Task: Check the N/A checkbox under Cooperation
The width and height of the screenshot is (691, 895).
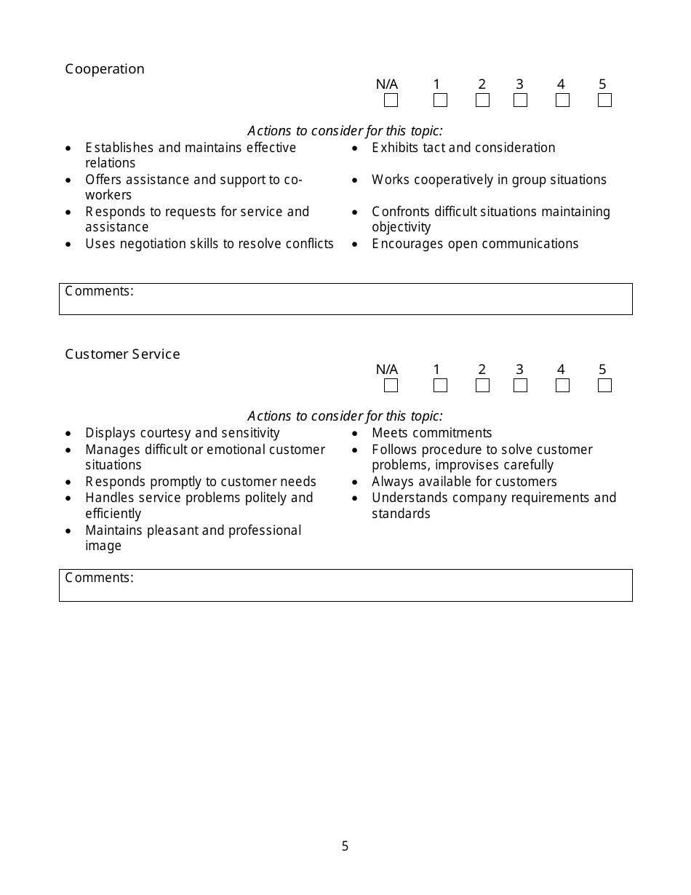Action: pyautogui.click(x=391, y=100)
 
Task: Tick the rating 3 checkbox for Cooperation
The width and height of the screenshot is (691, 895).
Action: pyautogui.click(x=520, y=100)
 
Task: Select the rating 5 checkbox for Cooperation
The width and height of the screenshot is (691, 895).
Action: pyautogui.click(x=604, y=100)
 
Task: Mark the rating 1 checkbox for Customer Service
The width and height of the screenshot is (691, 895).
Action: pyautogui.click(x=440, y=386)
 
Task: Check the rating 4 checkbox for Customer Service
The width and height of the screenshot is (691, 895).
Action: pyautogui.click(x=562, y=386)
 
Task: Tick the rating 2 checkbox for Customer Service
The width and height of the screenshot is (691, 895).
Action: pyautogui.click(x=482, y=386)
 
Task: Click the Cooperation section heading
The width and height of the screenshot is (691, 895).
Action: pyautogui.click(x=105, y=69)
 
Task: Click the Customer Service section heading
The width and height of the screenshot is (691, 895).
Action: pyautogui.click(x=122, y=354)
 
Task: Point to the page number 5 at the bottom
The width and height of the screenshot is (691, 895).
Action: pyautogui.click(x=345, y=846)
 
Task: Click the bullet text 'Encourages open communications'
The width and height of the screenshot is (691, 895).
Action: pyautogui.click(x=475, y=244)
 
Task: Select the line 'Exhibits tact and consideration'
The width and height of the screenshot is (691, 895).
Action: pyautogui.click(x=463, y=148)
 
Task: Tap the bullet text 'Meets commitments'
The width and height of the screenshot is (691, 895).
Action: pyautogui.click(x=431, y=433)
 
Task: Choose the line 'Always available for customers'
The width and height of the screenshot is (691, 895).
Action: pyautogui.click(x=464, y=482)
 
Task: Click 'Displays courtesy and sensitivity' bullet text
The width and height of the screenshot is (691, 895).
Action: pyautogui.click(x=182, y=433)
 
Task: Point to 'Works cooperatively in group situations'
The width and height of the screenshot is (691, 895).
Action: pyautogui.click(x=489, y=180)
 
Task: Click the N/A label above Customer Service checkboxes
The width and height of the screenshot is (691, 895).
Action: pyautogui.click(x=387, y=370)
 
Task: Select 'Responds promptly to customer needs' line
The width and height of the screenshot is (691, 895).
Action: pyautogui.click(x=201, y=482)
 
